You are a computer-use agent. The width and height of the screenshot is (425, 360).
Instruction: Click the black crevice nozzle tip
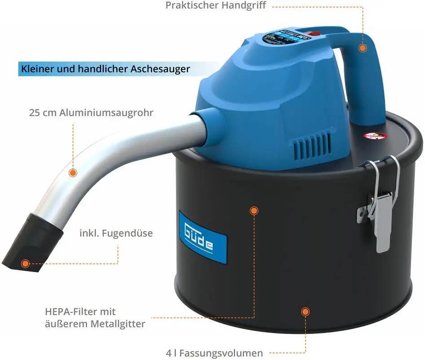point(29,242)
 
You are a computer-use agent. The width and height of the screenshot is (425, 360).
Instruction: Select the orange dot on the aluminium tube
point(72,172)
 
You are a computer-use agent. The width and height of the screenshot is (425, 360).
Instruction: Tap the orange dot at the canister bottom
point(305,311)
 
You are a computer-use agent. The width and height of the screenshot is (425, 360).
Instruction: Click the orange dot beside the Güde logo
point(254,210)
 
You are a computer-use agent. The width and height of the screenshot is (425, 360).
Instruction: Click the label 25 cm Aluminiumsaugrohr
point(91,113)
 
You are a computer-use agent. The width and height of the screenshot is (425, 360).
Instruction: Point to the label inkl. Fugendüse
point(116,234)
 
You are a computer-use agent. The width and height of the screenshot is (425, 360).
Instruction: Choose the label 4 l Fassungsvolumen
point(214,353)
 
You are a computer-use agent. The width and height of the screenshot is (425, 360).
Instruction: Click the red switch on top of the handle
point(315,33)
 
